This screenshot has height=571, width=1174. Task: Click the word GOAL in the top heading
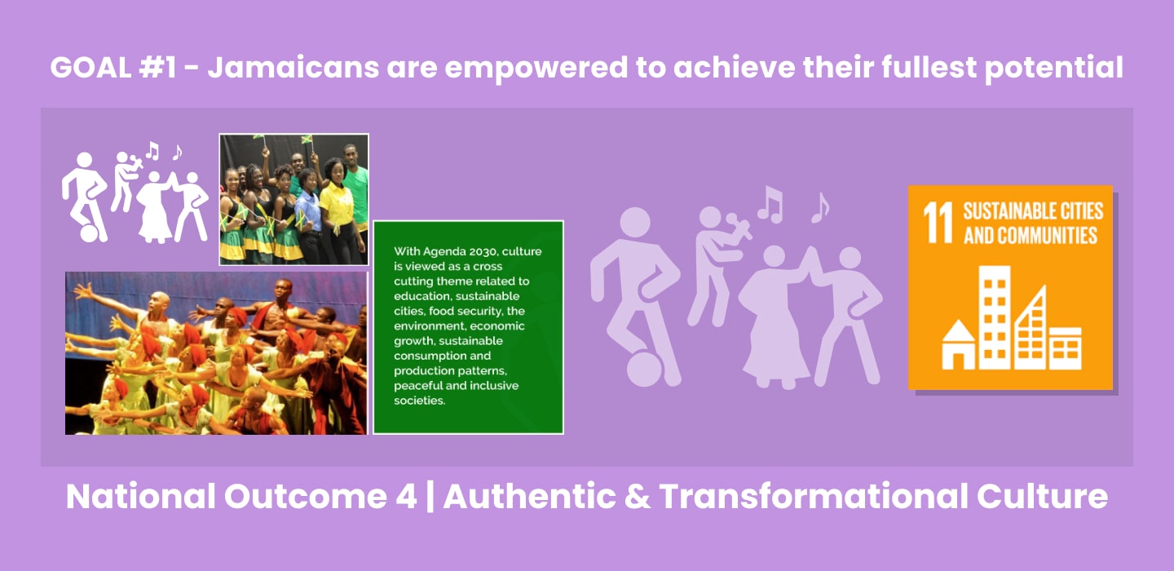(x=90, y=68)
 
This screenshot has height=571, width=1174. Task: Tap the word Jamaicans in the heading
(x=293, y=68)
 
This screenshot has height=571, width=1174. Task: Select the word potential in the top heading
(x=1054, y=69)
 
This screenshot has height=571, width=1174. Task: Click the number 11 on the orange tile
(x=938, y=223)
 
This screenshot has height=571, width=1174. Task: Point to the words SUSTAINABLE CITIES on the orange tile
(x=1033, y=211)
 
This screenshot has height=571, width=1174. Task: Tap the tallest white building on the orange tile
(x=995, y=318)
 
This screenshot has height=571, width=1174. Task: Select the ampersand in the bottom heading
(x=637, y=497)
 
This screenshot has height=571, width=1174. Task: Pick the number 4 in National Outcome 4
(x=406, y=497)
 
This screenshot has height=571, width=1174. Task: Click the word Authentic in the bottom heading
(x=529, y=496)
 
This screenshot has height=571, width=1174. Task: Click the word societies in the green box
(x=419, y=401)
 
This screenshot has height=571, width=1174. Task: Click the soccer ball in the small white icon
(x=89, y=233)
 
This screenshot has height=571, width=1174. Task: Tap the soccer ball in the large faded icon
(x=643, y=370)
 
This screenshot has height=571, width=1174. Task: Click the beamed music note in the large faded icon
(x=770, y=205)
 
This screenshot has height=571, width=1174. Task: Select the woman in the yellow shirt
(x=337, y=210)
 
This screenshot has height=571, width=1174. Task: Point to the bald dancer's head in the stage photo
(x=159, y=303)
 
